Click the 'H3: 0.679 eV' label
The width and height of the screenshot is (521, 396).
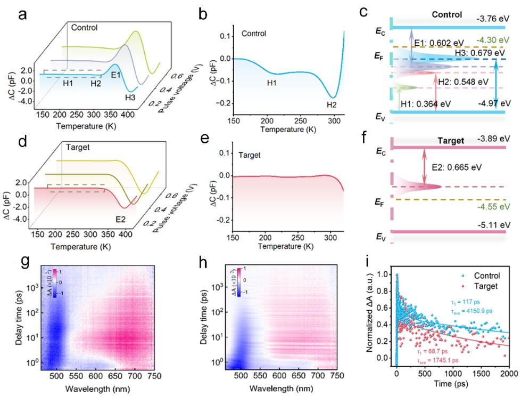(x=480, y=53)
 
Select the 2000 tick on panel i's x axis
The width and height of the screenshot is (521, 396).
(x=508, y=375)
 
